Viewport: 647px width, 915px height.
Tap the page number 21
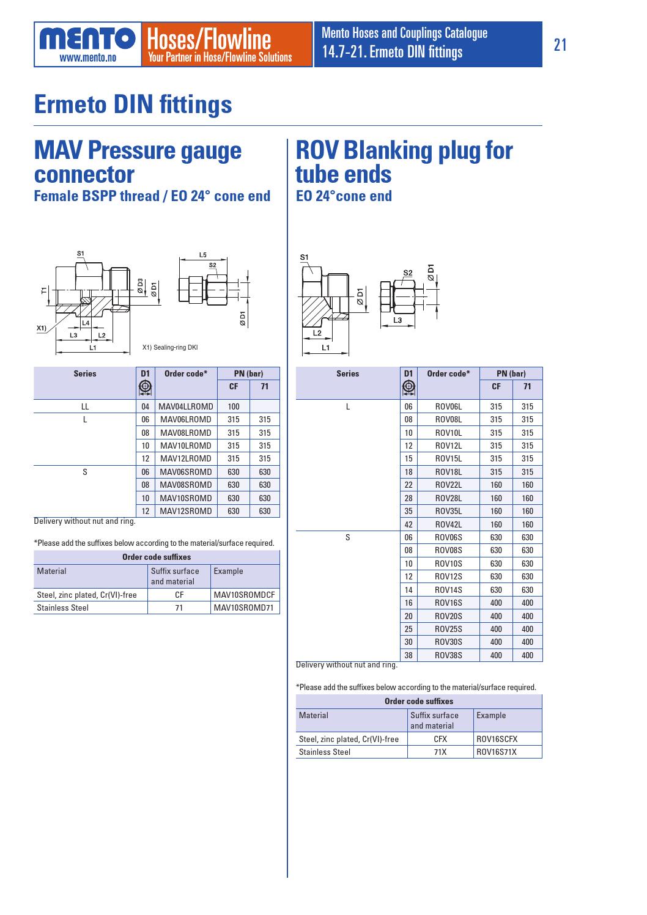point(560,45)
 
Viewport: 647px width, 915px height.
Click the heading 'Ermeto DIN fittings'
point(133,105)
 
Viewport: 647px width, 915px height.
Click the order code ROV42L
point(448,524)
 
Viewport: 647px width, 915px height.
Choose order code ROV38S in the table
point(448,655)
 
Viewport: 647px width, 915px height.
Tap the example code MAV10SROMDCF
point(245,595)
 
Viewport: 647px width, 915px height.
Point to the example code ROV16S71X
point(496,752)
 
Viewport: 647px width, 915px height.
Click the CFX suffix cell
point(440,739)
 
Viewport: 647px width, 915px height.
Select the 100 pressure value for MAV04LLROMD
point(233,406)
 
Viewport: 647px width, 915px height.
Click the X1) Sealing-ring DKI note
point(171,348)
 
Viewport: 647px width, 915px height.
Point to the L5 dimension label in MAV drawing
point(203,254)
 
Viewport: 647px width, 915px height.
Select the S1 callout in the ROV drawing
point(305,257)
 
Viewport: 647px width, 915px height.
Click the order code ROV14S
point(448,590)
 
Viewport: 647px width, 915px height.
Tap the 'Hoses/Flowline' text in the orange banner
point(209,40)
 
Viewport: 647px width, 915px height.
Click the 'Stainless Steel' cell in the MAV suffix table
point(63,608)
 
